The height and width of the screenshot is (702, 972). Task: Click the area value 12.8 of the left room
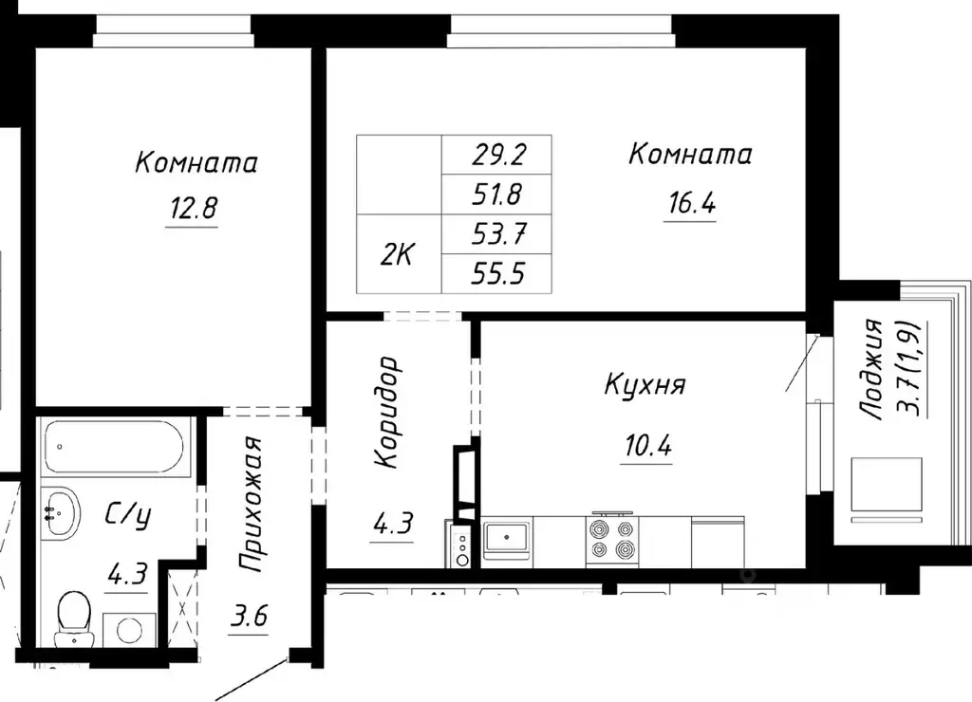(194, 208)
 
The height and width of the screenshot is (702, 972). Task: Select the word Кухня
(645, 385)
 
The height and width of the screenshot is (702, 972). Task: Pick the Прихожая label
(251, 507)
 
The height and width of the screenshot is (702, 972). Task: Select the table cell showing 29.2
(497, 153)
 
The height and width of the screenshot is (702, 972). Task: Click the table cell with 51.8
(497, 194)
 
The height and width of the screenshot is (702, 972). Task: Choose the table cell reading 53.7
(497, 234)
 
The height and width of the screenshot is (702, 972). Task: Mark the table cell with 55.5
(497, 274)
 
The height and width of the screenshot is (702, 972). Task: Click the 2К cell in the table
(399, 254)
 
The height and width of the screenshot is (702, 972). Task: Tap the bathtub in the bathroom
(118, 446)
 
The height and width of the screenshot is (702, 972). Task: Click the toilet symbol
(72, 616)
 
